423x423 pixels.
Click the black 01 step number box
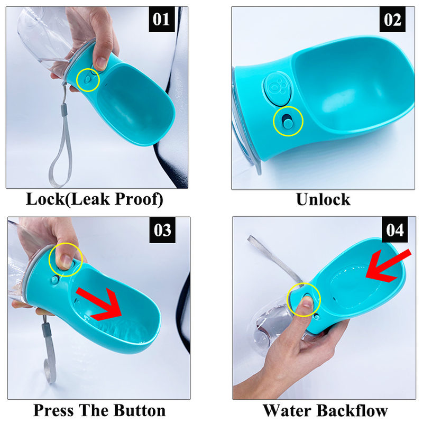[161, 20]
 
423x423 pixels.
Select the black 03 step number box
[162, 230]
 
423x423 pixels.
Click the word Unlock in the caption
[323, 199]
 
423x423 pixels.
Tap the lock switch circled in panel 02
[288, 122]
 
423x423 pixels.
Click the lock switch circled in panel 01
[87, 79]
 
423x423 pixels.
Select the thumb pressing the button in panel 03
[64, 258]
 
